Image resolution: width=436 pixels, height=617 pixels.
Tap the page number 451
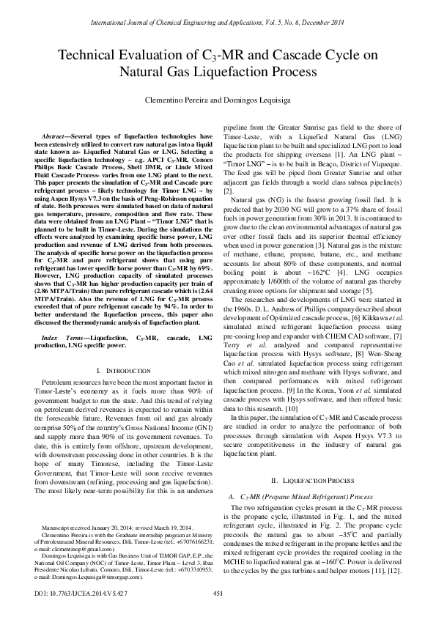(217, 594)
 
